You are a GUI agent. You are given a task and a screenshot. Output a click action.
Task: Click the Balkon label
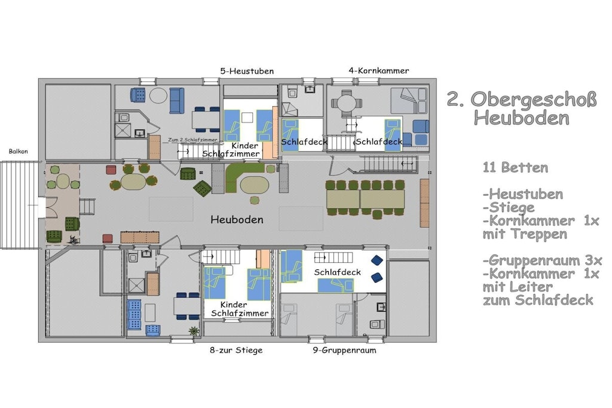[19, 151]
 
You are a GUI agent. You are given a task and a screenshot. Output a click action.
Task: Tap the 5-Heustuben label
[247, 71]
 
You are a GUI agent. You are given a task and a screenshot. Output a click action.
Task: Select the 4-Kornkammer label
[378, 70]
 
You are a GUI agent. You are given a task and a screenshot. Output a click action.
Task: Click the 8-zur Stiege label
[236, 350]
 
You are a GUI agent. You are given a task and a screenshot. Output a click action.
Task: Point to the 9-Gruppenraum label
[344, 350]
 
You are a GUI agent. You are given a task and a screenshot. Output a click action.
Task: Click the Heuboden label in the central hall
[237, 220]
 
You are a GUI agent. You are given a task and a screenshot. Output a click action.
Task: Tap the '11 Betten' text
[515, 168]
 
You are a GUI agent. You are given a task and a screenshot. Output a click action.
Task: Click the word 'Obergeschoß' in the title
[534, 99]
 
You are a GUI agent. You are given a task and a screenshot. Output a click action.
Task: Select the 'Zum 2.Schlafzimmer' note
[192, 140]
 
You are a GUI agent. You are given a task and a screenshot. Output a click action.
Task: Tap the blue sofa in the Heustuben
[176, 100]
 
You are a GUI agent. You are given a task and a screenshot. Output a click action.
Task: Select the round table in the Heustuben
[158, 96]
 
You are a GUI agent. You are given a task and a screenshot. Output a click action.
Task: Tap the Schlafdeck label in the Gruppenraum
[337, 272]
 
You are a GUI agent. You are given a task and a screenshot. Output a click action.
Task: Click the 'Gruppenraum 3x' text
[543, 260]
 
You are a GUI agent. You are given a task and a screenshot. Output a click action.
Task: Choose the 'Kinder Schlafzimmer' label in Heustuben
[231, 150]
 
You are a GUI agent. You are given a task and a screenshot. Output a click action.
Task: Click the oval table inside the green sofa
[255, 185]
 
